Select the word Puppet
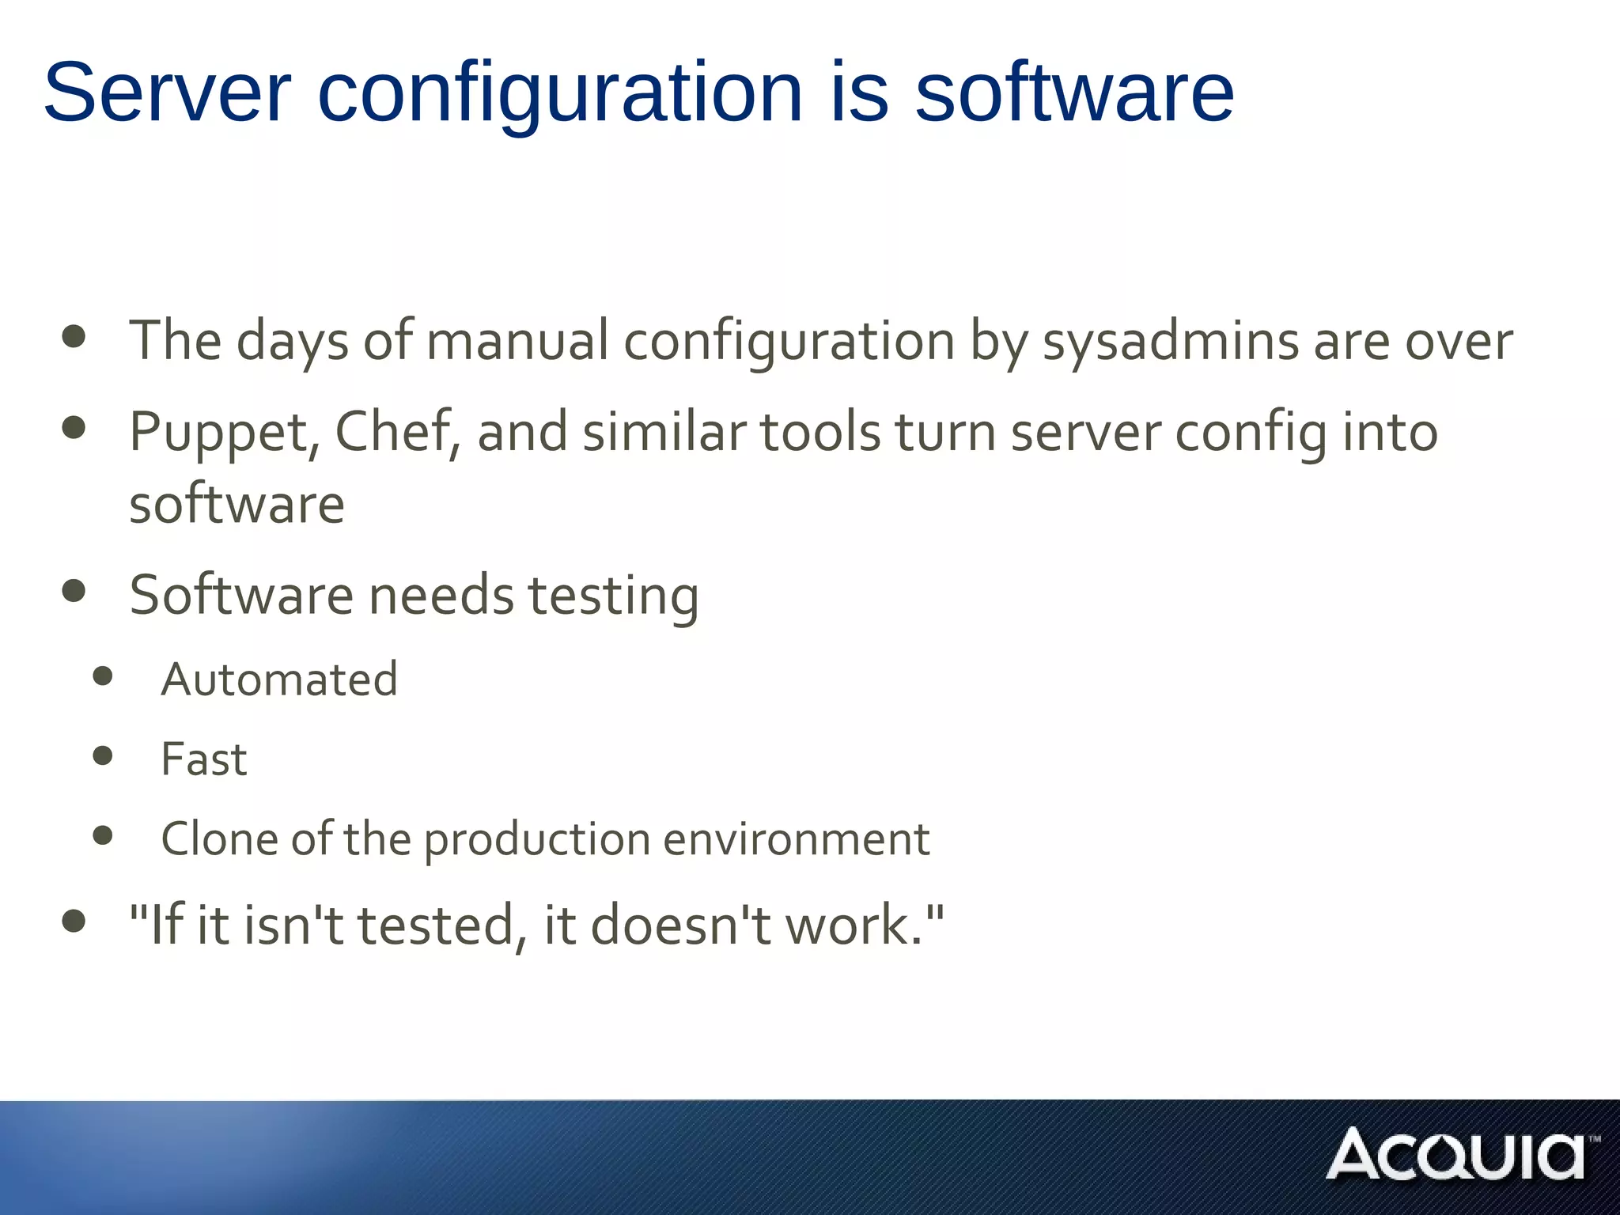coord(218,433)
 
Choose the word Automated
coord(279,679)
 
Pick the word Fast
coord(204,759)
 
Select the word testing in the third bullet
coord(614,596)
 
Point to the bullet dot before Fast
coord(103,755)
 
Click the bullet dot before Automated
coord(103,676)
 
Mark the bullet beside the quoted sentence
coord(74,921)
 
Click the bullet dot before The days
coord(74,336)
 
